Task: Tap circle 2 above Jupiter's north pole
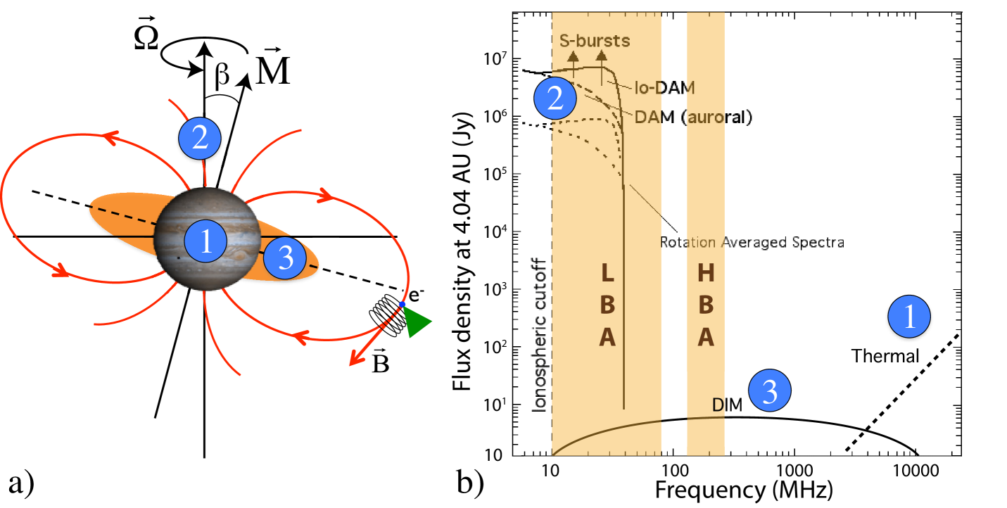pos(200,138)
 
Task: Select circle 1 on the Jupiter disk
pos(205,242)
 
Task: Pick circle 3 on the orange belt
pos(285,258)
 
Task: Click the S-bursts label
pos(595,40)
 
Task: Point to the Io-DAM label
pos(669,88)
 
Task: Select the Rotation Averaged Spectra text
pos(752,242)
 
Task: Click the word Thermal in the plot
pos(885,356)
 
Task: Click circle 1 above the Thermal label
pos(909,317)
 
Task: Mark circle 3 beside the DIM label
pos(770,391)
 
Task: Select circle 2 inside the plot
pos(555,98)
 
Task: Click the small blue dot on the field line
pos(402,305)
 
